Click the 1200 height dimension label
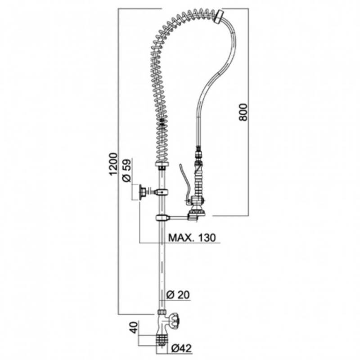[x=113, y=164]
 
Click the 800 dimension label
[x=243, y=112]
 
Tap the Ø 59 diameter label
[x=126, y=170]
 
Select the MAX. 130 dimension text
[x=193, y=238]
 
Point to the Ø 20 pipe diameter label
[x=178, y=295]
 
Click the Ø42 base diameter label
[x=181, y=348]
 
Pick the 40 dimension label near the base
[x=135, y=328]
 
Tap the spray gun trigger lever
[x=184, y=181]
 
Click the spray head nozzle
[x=198, y=212]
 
